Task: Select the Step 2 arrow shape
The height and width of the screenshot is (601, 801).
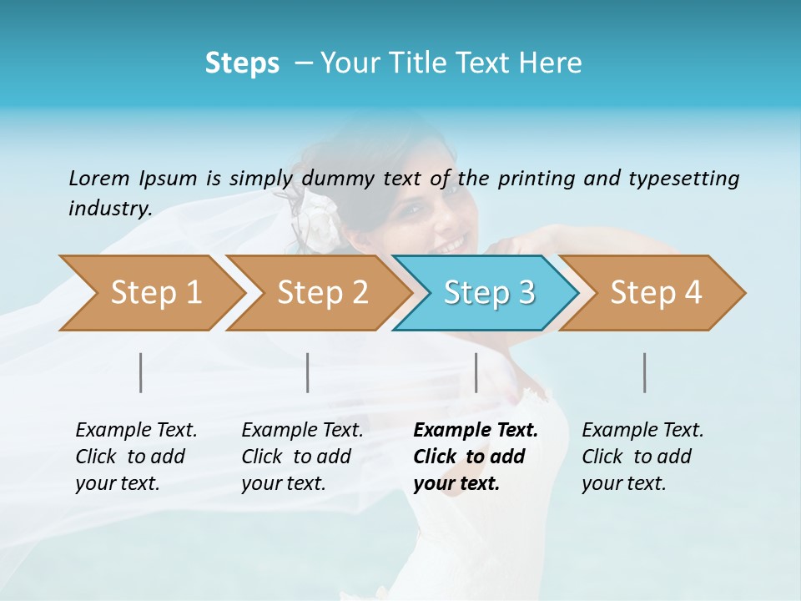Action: [322, 292]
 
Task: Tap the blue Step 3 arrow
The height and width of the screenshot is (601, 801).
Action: [489, 292]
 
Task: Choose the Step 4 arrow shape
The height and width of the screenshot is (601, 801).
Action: [656, 292]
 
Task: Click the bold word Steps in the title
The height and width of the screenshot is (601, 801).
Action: [242, 63]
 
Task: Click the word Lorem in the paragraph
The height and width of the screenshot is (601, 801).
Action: [98, 178]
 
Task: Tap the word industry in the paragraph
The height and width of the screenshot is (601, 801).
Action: [109, 208]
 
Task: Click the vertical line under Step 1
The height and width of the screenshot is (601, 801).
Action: [141, 372]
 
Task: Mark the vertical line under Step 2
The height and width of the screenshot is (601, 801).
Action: [308, 372]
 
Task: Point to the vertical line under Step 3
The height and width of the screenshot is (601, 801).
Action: [476, 372]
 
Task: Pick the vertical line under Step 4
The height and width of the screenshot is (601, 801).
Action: [644, 372]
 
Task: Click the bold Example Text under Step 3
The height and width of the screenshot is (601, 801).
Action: [476, 431]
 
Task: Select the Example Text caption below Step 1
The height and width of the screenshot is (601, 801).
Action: [136, 431]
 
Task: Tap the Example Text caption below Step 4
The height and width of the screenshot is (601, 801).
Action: [642, 431]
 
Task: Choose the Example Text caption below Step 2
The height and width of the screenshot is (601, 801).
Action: [302, 431]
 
